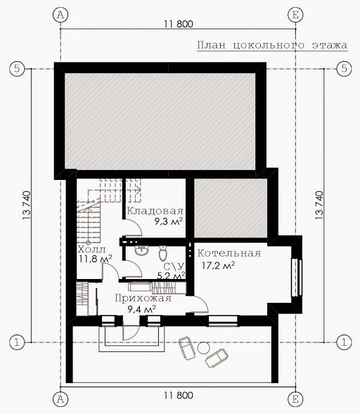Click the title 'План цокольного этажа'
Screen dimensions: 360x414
pyautogui.click(x=272, y=45)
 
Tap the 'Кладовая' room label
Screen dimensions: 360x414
pyautogui.click(x=155, y=211)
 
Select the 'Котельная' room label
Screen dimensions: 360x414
pyautogui.click(x=229, y=253)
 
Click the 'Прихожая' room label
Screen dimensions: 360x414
pyautogui.click(x=143, y=298)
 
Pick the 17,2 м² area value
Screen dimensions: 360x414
pyautogui.click(x=219, y=265)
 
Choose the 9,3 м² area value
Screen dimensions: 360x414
pyautogui.click(x=169, y=221)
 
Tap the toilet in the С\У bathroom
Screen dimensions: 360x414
pyautogui.click(x=163, y=253)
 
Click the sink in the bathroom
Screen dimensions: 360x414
pyautogui.click(x=142, y=250)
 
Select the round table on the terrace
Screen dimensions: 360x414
pyautogui.click(x=203, y=348)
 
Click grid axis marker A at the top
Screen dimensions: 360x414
pyautogui.click(x=60, y=15)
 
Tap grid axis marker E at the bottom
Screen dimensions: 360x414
pyautogui.click(x=295, y=399)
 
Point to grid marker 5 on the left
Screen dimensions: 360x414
pyautogui.click(x=17, y=69)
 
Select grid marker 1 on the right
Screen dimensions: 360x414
pyautogui.click(x=344, y=343)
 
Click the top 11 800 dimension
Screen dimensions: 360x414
pyautogui.click(x=179, y=24)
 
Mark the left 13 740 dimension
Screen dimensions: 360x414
pyautogui.click(x=27, y=205)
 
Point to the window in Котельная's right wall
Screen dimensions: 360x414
pyautogui.click(x=297, y=278)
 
